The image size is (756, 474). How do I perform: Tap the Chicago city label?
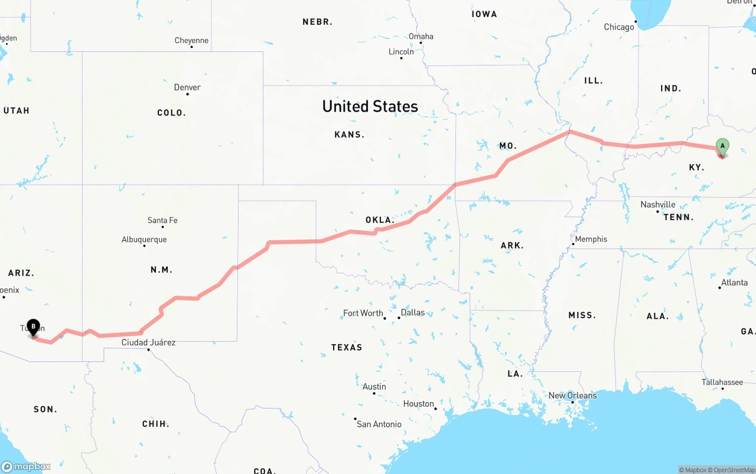(x=618, y=27)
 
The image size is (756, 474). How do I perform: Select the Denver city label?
(x=187, y=87)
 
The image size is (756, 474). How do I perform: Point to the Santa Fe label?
(x=162, y=220)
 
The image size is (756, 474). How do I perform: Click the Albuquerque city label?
(x=144, y=240)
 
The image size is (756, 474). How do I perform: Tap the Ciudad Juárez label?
(x=148, y=342)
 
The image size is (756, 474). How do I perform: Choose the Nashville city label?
(x=657, y=205)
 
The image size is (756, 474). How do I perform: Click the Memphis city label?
(x=591, y=239)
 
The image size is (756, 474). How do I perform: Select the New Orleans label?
(x=572, y=395)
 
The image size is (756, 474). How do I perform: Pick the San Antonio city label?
(x=379, y=424)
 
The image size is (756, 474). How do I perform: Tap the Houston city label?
(x=418, y=404)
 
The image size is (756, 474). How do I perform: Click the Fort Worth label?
(x=363, y=313)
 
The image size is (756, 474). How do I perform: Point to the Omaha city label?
(x=421, y=36)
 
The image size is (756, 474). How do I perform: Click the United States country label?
(x=370, y=106)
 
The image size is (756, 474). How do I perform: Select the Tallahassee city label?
(x=722, y=382)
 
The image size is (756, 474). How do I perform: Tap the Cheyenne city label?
(x=191, y=40)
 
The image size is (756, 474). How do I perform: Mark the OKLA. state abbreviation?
(x=379, y=220)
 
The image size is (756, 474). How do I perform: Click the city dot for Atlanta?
(x=720, y=287)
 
